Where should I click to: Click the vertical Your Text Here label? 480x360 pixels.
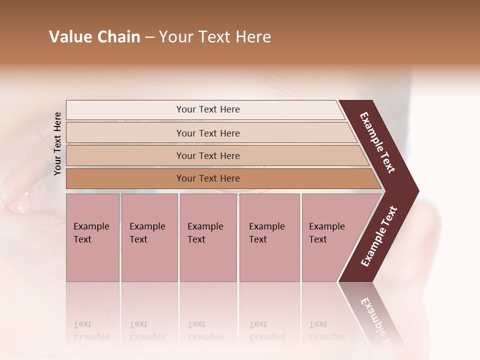point(57,143)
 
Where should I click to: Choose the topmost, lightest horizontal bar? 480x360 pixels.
point(207,109)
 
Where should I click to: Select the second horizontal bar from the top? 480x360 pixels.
point(207,133)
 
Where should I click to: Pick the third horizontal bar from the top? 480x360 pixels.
point(207,155)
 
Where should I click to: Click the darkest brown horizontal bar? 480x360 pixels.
point(207,178)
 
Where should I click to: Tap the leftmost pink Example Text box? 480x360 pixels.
point(92,237)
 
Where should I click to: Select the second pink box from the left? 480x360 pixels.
point(149,237)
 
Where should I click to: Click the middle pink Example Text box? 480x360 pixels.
point(208,237)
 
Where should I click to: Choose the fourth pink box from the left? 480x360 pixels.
point(269,237)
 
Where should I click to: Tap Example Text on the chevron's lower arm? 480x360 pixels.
point(379,236)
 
